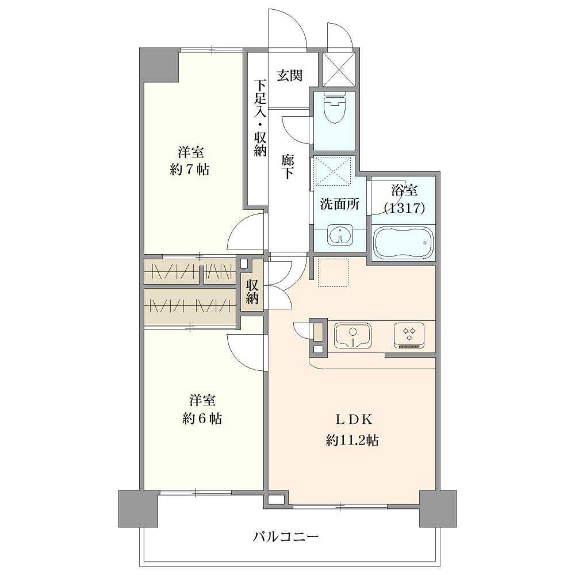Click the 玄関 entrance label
(289, 75)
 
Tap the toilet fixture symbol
(335, 108)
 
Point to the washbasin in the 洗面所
(340, 234)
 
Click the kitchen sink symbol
(352, 336)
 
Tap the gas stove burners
(409, 335)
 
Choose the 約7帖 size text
(190, 170)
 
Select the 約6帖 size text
(202, 419)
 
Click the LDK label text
(354, 419)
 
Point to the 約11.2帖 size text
(352, 440)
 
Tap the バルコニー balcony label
(286, 537)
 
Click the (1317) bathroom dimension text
(404, 208)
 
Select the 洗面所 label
(340, 204)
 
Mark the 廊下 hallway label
(288, 167)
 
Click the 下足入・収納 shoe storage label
(260, 118)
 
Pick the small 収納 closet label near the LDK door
(252, 292)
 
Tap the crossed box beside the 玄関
(339, 70)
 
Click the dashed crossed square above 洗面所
(333, 170)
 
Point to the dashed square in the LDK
(333, 273)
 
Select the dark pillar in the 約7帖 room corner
(160, 66)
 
